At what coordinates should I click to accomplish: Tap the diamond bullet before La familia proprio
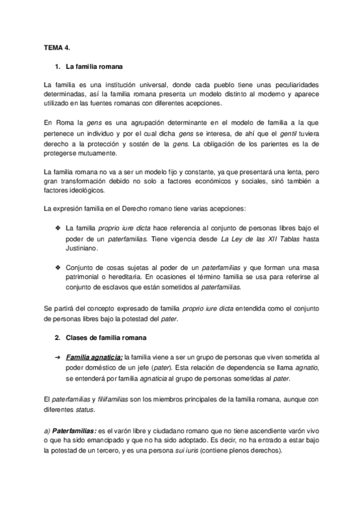pyautogui.click(x=58, y=227)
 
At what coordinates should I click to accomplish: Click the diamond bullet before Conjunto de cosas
pyautogui.click(x=58, y=266)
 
